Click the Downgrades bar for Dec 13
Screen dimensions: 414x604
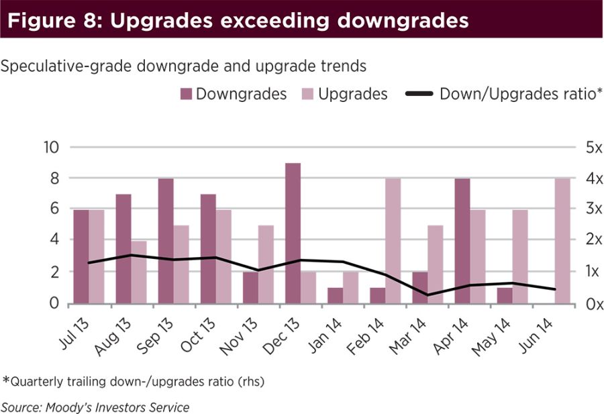[293, 234]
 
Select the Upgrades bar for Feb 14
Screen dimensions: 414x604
[393, 241]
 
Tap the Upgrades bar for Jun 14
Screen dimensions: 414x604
[562, 241]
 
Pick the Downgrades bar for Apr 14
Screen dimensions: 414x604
[462, 241]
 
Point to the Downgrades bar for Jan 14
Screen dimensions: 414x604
[335, 296]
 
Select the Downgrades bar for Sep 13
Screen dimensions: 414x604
[166, 241]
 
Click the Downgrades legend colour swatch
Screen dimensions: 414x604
[186, 95]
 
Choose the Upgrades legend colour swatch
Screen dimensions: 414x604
[308, 95]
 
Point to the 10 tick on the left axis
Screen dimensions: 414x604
[51, 148]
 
